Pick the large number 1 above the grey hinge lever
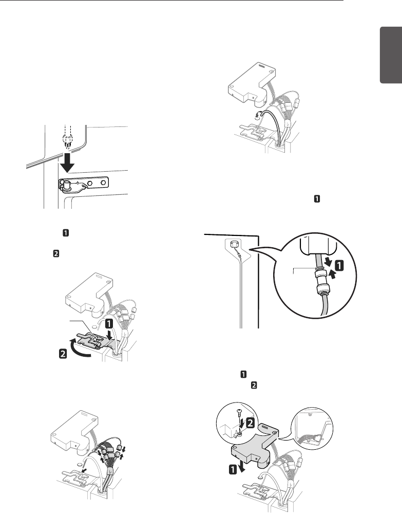pos(109,324)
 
